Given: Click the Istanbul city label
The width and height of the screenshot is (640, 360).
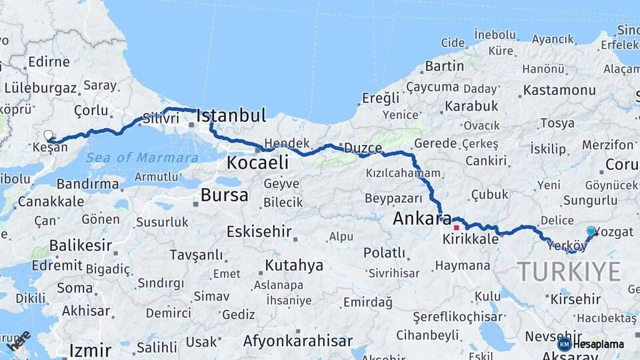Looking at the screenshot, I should (231, 115).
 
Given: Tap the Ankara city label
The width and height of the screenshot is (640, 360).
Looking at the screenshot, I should (417, 218).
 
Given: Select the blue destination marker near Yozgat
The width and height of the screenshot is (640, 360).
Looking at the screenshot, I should (591, 231).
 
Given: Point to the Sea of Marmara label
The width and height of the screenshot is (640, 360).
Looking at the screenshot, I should (142, 158).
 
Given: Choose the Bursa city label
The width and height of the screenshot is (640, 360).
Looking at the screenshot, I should (224, 195).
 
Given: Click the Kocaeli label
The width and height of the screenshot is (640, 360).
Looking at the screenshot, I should (257, 162).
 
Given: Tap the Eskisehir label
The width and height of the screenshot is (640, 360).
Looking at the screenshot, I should (259, 232).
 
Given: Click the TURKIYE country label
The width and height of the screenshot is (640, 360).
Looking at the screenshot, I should (569, 272).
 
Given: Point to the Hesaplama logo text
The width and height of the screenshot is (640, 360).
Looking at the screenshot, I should (601, 345).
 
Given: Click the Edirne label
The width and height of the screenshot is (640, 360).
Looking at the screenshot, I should (49, 62).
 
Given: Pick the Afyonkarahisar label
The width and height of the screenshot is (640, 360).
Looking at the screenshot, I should (297, 341).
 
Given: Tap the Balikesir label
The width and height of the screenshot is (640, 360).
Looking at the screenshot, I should (71, 245).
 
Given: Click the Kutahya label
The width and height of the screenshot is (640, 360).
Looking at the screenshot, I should (294, 265).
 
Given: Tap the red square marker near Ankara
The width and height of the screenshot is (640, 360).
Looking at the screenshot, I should (456, 227).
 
